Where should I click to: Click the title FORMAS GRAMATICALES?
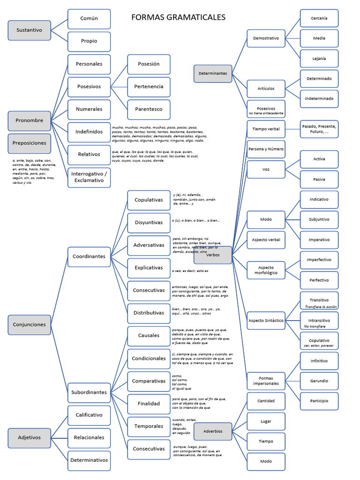178,17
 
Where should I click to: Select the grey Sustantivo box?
29,30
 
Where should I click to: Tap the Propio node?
89,41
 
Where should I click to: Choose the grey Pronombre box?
29,120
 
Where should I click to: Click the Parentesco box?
149,109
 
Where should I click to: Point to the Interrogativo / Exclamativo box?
89,177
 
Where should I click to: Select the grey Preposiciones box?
29,143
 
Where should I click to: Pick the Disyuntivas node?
149,223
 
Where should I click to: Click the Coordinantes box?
89,256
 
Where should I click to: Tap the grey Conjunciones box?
29,324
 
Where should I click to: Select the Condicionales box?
149,359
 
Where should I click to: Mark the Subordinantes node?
89,392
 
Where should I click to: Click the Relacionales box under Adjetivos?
89,438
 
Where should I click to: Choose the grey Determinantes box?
213,74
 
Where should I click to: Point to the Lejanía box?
319,59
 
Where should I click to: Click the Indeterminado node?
319,99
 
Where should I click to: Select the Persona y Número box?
266,149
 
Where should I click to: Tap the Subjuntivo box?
319,219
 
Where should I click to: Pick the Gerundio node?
319,381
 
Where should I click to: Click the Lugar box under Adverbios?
266,421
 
